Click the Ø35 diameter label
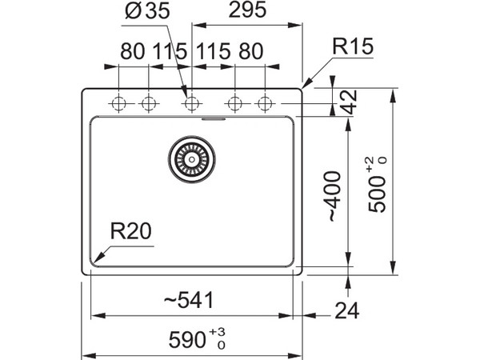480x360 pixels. coord(147,10)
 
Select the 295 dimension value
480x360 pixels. coord(247,10)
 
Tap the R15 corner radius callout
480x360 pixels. coord(353,46)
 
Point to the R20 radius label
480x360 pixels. coord(130,231)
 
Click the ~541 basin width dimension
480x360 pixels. coord(189,300)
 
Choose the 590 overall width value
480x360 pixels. coord(187,340)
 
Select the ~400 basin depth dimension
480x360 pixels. coord(334,196)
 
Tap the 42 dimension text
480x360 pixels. coord(350,102)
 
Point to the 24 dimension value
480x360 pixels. coord(347,310)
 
